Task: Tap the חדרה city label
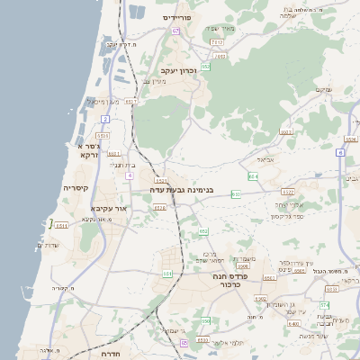pos(118,354)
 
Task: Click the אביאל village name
pos(265,159)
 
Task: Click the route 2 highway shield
pos(105,119)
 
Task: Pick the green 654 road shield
pos(253,176)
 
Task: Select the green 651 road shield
pos(167,273)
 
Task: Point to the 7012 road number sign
pos(216,41)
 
